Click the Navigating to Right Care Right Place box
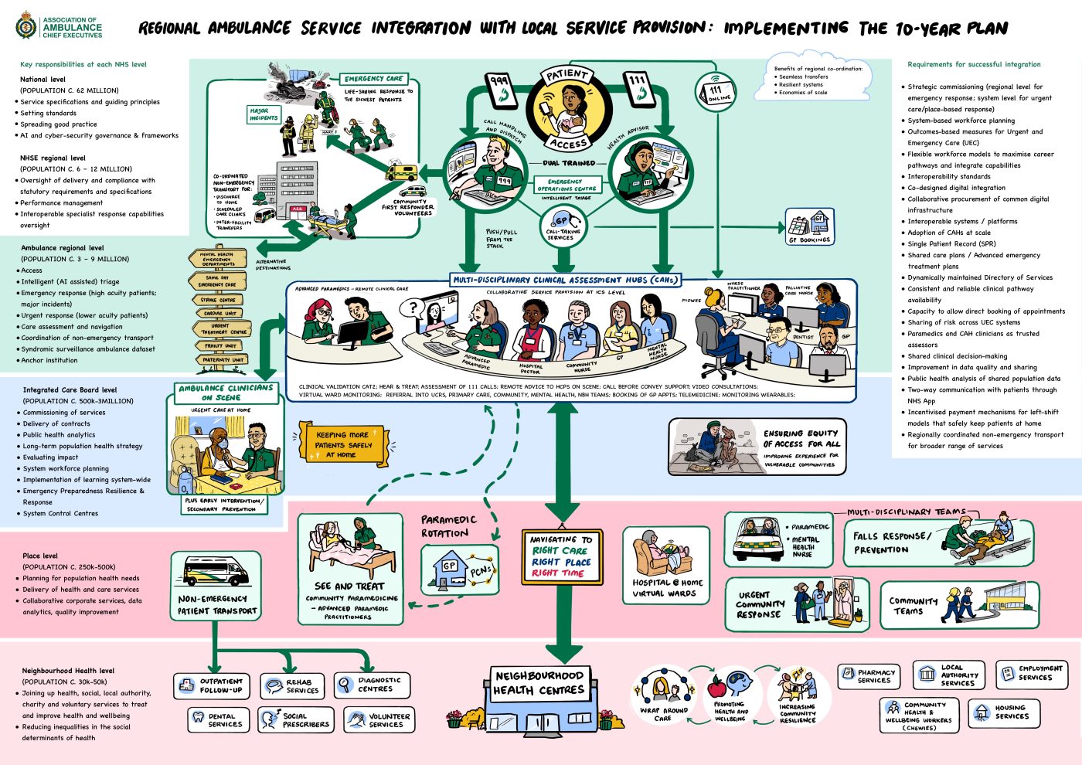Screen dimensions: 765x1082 [562, 556]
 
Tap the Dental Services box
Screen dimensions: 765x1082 [219, 720]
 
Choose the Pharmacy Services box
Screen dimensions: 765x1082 [869, 676]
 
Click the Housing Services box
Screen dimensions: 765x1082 [1004, 712]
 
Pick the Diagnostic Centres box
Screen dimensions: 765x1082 [372, 685]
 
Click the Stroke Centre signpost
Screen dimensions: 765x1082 [219, 300]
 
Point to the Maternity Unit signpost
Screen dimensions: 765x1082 [223, 359]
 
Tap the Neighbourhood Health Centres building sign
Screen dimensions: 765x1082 [539, 682]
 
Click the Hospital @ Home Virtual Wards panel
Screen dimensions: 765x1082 [665, 564]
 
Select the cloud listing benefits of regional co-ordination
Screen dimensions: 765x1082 [819, 80]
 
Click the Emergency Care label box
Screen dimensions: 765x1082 [373, 79]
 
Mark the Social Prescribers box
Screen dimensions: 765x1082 [296, 720]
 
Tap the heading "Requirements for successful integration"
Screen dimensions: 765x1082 [974, 65]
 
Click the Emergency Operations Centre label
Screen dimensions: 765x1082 [567, 185]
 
